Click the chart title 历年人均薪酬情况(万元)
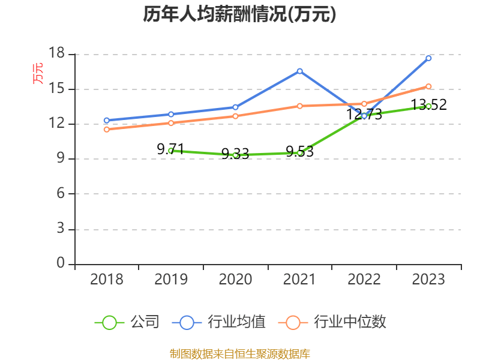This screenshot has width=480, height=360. [239, 14]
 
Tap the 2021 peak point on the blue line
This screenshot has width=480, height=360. [299, 71]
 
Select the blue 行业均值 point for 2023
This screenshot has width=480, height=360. [428, 58]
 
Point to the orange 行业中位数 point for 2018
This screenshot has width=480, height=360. [107, 130]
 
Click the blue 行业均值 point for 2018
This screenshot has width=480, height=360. [107, 121]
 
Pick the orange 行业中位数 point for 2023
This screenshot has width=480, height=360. [428, 86]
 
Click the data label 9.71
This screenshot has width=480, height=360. [170, 149]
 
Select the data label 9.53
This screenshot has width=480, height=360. [299, 152]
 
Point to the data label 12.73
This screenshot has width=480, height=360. [364, 114]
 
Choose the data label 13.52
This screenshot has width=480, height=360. [428, 105]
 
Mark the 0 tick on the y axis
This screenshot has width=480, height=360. [61, 263]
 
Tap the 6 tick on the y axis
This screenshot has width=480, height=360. [61, 194]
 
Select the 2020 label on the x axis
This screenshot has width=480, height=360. [235, 280]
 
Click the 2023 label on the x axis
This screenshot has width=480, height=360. [428, 280]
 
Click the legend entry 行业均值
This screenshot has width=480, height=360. [219, 322]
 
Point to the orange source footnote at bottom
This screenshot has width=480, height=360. [239, 353]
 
